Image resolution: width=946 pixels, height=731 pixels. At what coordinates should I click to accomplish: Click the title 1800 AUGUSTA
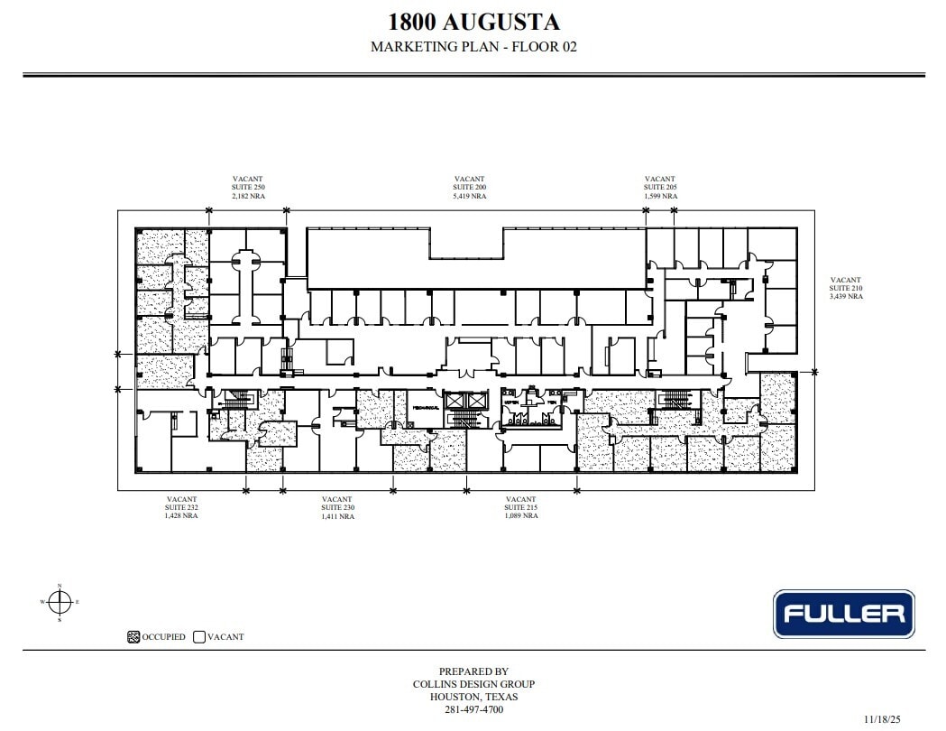point(473,22)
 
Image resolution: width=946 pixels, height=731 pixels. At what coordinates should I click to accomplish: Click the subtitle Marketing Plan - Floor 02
point(473,47)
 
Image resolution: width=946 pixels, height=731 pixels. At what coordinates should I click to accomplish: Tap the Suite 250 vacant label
point(248,187)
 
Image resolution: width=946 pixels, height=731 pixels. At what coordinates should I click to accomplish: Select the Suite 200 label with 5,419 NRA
point(469,187)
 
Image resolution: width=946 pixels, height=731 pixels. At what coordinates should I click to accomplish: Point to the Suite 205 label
point(659,187)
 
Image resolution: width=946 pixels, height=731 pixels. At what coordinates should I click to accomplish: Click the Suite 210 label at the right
point(846,288)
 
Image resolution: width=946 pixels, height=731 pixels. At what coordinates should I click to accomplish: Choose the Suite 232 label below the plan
point(181,507)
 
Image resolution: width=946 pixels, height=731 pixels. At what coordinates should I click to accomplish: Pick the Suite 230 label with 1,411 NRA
point(336,507)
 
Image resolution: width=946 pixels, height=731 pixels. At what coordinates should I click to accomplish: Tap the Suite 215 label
point(520,507)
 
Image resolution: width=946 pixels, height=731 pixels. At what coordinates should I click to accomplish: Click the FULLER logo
point(843,615)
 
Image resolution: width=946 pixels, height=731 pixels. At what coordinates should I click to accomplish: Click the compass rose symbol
point(60,601)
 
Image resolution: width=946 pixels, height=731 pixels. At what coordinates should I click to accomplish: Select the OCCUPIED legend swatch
point(133,636)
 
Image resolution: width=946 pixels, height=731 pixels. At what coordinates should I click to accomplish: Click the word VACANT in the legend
point(225,636)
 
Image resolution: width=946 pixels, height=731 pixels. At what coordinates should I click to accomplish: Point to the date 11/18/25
point(881,719)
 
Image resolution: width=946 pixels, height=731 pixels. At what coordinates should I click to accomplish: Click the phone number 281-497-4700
point(473,709)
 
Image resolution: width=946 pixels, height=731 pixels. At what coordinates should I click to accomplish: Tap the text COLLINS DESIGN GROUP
point(473,684)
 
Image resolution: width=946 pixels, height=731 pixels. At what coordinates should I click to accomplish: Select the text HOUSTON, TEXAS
point(473,697)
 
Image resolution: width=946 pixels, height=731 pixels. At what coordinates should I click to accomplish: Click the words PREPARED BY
point(473,671)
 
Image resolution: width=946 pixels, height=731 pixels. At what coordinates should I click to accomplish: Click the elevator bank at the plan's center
point(464,402)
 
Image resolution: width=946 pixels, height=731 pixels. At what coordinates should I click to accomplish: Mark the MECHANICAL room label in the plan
point(425,409)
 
